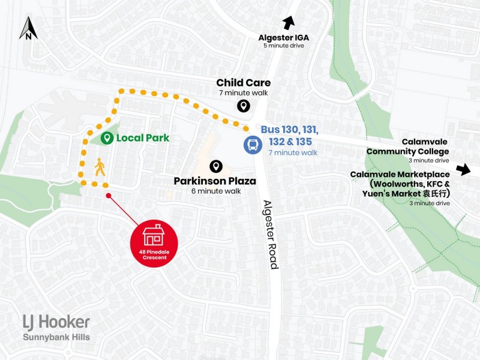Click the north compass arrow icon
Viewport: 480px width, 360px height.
(28, 29)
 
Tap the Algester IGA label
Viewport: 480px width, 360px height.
(284, 37)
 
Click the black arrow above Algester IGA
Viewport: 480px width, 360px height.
(289, 23)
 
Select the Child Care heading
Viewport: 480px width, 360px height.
(243, 83)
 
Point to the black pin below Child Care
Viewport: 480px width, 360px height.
(243, 106)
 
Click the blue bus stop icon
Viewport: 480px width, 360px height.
(252, 145)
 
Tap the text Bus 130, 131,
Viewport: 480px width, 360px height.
(289, 130)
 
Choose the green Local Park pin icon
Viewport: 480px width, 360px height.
(107, 138)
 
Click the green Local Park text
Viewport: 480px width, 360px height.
(142, 138)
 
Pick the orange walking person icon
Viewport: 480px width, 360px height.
(99, 167)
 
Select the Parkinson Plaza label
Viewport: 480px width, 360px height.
(215, 181)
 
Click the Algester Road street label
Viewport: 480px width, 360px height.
(269, 233)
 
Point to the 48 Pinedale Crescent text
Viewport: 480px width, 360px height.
(154, 254)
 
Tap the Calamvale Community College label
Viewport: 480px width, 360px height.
(407, 147)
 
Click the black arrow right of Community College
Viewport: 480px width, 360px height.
(463, 169)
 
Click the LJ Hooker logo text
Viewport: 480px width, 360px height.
(56, 323)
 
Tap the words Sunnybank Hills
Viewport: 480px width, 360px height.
(56, 337)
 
